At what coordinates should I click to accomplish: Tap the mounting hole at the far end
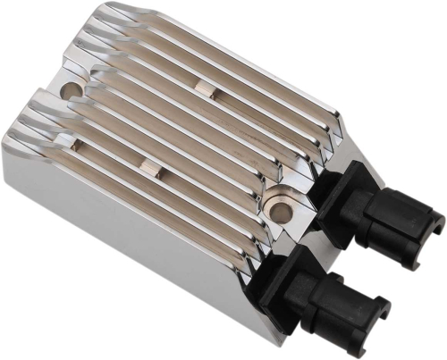(74, 90)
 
